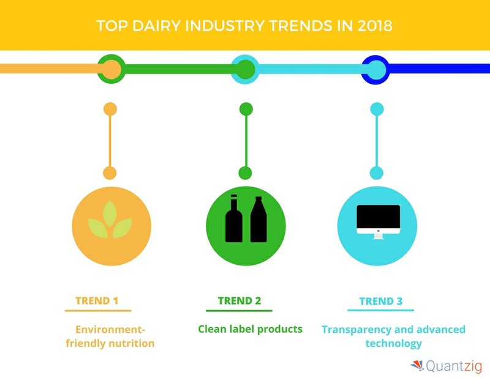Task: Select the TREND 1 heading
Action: (97, 300)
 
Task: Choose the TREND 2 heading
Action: (239, 300)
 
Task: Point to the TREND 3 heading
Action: (381, 301)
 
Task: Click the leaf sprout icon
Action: (110, 220)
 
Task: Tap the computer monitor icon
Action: (378, 222)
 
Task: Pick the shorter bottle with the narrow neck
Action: (234, 218)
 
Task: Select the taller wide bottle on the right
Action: (258, 219)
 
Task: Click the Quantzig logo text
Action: (454, 366)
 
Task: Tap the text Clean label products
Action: (251, 329)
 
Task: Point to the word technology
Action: (393, 343)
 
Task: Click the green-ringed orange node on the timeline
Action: (111, 69)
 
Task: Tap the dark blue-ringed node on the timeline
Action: (375, 69)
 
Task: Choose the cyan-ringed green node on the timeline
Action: (246, 69)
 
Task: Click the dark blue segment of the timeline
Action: (439, 69)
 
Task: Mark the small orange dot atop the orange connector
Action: (110, 109)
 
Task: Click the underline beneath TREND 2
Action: (239, 311)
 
